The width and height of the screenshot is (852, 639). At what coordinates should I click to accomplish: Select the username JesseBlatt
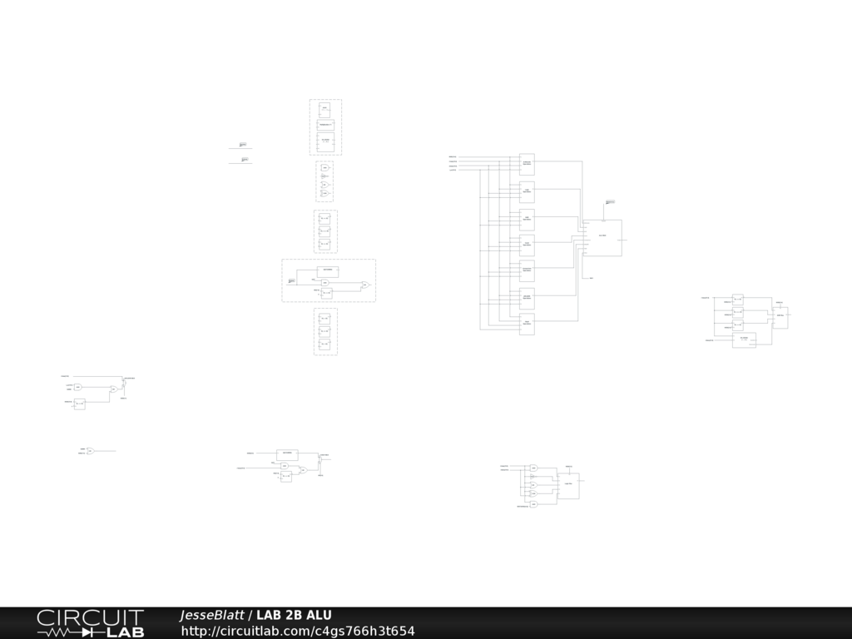pyautogui.click(x=211, y=615)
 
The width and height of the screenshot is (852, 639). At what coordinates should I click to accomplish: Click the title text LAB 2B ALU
pyautogui.click(x=294, y=615)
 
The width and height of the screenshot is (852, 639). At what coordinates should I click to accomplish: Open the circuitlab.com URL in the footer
pyautogui.click(x=298, y=631)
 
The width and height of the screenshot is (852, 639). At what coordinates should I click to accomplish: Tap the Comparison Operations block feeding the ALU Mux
pyautogui.click(x=527, y=270)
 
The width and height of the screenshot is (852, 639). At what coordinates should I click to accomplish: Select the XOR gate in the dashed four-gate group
pyautogui.click(x=325, y=185)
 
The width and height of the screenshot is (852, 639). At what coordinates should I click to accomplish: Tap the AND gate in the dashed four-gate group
pyautogui.click(x=325, y=167)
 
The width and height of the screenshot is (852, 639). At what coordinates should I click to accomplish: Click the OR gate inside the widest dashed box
pyautogui.click(x=364, y=285)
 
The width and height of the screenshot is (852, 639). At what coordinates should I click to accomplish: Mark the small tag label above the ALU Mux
pyautogui.click(x=610, y=201)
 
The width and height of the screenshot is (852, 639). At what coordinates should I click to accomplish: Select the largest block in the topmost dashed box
pyautogui.click(x=325, y=141)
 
